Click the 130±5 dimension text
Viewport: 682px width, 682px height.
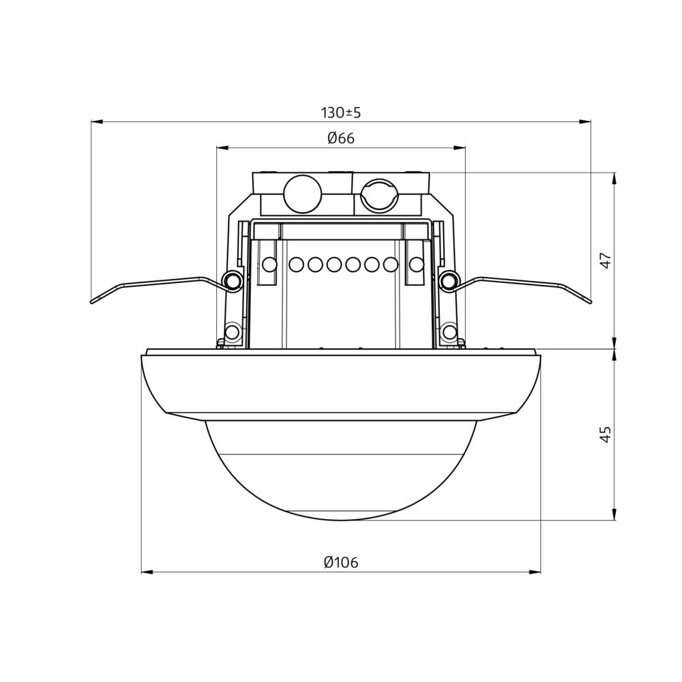tap(340, 113)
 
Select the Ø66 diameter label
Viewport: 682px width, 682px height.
tap(341, 138)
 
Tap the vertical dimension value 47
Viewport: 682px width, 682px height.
tap(606, 261)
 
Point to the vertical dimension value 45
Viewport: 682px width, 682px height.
tap(606, 434)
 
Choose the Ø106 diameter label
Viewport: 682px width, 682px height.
tap(341, 563)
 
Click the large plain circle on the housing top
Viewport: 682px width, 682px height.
tap(302, 194)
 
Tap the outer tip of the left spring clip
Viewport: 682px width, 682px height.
tap(93, 301)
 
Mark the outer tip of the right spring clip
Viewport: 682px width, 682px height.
tap(589, 301)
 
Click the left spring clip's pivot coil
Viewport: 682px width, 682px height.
tap(233, 280)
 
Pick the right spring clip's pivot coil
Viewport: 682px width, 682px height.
tap(449, 280)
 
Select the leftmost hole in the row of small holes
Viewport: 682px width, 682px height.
tap(269, 265)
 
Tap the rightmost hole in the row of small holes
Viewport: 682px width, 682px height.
tap(415, 265)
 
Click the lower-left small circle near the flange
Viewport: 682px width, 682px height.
tap(232, 333)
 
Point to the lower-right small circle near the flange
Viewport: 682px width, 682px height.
tap(449, 333)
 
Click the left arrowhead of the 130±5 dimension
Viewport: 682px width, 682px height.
tap(96, 121)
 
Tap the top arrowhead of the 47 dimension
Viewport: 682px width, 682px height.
tap(614, 177)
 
